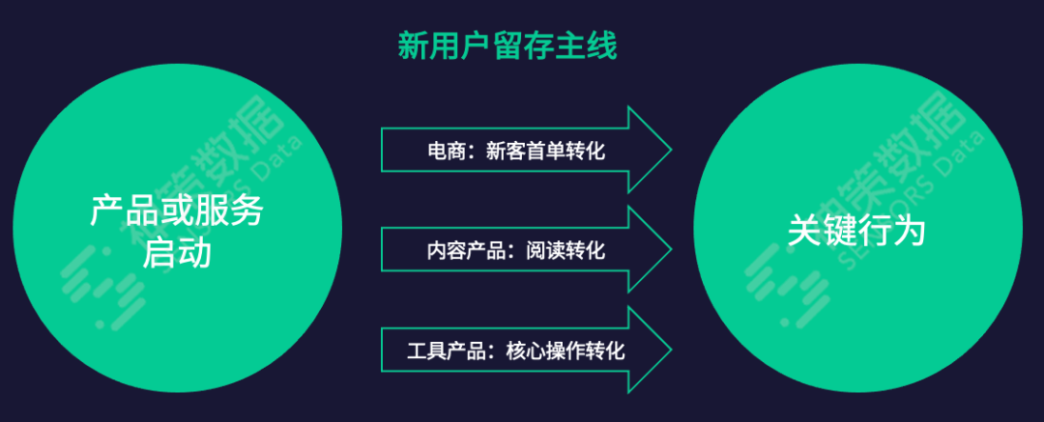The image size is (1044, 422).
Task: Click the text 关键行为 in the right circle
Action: (856, 232)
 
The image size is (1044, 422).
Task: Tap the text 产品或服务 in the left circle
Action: (177, 211)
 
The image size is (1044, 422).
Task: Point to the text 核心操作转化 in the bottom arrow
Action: (565, 350)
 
